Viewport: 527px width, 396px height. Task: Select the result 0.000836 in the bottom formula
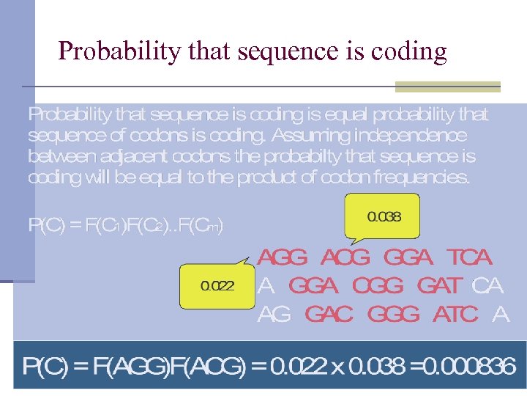471,366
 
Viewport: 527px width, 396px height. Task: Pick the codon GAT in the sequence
439,285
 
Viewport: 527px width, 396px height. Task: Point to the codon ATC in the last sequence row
455,315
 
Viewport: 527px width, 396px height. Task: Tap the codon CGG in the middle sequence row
378,285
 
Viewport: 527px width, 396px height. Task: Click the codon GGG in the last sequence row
393,315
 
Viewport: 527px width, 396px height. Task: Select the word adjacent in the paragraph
111,157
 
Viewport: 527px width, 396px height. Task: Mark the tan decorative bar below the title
447,87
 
